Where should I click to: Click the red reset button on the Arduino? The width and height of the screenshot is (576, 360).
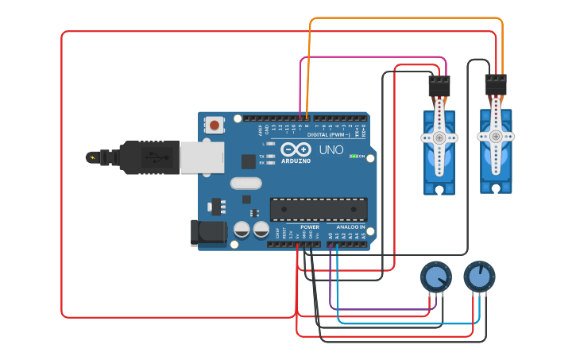coord(215,124)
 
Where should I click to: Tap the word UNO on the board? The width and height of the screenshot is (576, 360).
coord(331,149)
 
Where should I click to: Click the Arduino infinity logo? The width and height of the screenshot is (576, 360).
coord(294,150)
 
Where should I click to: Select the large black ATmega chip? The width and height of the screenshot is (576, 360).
coord(319,209)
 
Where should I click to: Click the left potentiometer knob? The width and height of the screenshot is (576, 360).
coord(435,277)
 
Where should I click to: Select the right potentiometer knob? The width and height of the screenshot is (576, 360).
coord(478,277)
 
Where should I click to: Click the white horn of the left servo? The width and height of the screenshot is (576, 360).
coord(439,137)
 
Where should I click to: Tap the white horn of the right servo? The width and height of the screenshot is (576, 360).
coord(496,136)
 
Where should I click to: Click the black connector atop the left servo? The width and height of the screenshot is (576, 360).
coord(439,85)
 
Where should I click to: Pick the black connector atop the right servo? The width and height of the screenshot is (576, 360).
coord(496,83)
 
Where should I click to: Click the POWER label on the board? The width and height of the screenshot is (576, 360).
coord(310,226)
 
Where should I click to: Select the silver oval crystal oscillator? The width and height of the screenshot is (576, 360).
coord(245,183)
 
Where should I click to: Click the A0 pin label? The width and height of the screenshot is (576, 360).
coord(330,235)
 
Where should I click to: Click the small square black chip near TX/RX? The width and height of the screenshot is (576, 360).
coord(249,161)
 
